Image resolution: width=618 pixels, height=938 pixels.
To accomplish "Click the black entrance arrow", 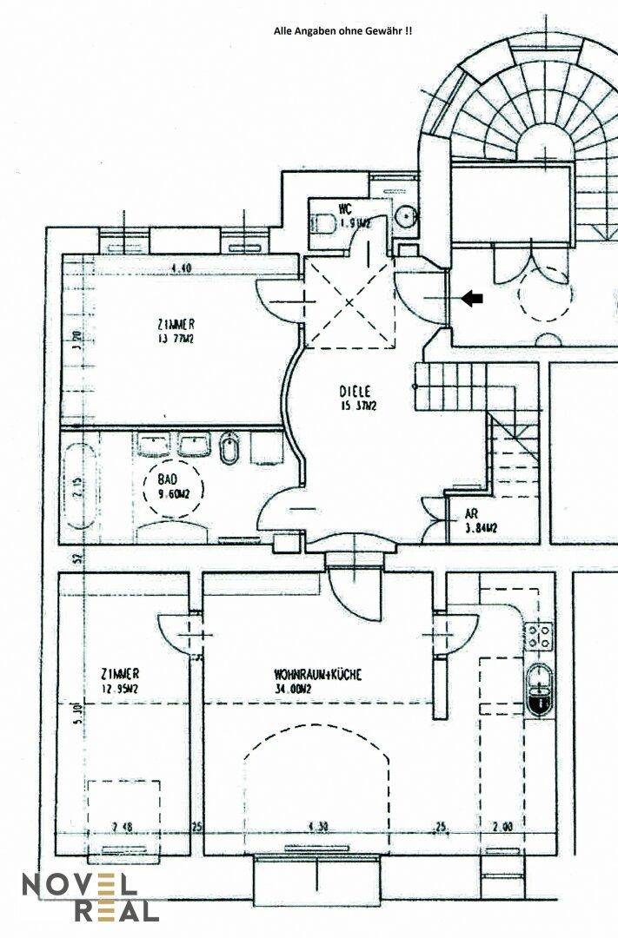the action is point(472,299).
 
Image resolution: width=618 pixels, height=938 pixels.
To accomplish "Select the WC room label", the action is point(345,208).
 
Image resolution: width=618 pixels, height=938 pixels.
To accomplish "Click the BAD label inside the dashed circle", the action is point(168,479).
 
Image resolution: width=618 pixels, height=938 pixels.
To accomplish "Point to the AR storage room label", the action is point(472,512).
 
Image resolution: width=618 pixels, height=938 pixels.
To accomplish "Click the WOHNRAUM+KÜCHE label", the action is point(317,674).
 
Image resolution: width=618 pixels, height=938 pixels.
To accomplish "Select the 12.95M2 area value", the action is point(120,690).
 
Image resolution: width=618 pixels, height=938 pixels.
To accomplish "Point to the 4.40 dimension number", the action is point(181,268).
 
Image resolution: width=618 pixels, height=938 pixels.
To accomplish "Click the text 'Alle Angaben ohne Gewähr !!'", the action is point(343,30).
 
